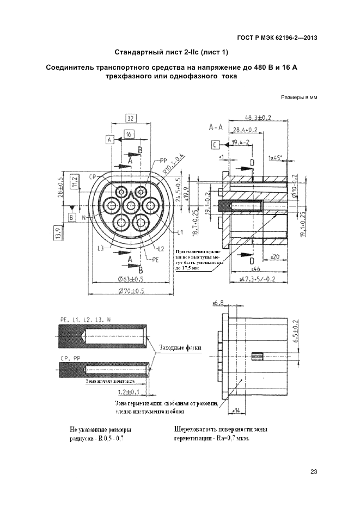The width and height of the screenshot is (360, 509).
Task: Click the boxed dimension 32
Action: pos(130,119)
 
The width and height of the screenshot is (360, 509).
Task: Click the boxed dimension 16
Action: pos(129,133)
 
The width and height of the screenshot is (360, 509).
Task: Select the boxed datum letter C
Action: pos(216,144)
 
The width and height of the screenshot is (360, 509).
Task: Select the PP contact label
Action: pos(164,161)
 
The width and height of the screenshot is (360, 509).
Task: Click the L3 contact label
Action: pos(101,249)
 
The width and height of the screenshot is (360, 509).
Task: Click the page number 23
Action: pos(313,471)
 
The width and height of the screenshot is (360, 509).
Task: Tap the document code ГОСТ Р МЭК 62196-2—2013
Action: pos(277,38)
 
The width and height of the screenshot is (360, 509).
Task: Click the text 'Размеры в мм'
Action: pos(299,98)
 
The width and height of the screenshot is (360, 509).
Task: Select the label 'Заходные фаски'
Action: pos(180,347)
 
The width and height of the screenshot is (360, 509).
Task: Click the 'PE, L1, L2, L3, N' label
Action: pos(81,320)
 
